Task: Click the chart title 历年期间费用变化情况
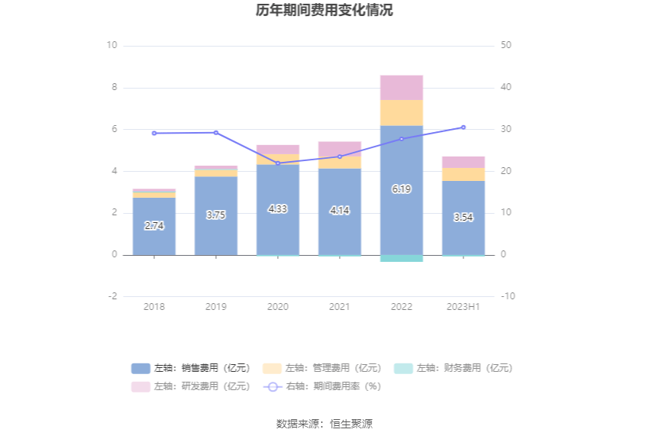click(x=324, y=11)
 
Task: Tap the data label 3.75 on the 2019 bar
click(x=216, y=215)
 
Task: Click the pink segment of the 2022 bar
click(x=402, y=88)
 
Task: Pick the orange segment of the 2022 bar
click(x=402, y=113)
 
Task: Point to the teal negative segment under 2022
click(x=402, y=258)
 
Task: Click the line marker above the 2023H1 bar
click(x=463, y=128)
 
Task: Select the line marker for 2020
click(x=278, y=163)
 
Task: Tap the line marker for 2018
click(x=154, y=133)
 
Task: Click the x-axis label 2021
click(x=340, y=307)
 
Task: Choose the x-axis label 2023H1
click(x=463, y=307)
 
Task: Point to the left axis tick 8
click(x=112, y=88)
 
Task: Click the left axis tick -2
click(x=111, y=296)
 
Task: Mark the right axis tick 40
click(x=506, y=88)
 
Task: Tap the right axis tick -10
click(x=507, y=296)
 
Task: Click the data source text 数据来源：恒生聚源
click(x=324, y=424)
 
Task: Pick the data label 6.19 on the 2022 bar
click(x=402, y=189)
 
